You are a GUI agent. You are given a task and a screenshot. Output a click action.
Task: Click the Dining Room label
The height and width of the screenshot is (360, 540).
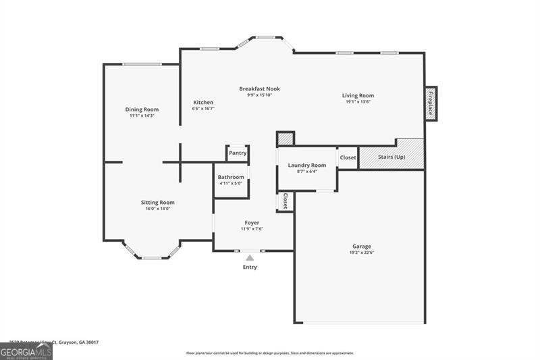142,109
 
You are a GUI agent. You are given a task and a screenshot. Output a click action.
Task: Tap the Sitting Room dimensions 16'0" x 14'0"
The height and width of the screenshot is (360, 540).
158,209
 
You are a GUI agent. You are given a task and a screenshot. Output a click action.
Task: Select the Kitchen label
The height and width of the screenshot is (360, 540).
203,103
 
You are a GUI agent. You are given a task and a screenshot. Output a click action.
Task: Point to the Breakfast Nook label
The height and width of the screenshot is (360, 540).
259,88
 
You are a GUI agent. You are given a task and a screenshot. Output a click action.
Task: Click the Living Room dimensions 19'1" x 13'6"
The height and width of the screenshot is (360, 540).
358,102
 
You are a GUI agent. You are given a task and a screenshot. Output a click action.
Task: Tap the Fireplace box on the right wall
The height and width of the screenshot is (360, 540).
430,103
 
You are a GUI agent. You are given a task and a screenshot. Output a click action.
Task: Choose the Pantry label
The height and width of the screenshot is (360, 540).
238,153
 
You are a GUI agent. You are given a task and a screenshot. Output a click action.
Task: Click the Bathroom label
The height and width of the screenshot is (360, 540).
231,177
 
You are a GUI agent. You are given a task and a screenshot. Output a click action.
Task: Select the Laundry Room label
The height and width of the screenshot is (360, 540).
307,165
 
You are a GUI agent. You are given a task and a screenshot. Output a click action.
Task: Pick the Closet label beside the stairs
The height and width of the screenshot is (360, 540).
348,158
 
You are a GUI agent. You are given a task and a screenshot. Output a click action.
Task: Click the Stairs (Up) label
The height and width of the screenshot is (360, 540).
391,157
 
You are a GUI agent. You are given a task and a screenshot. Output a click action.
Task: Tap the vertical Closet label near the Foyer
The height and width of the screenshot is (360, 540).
286,201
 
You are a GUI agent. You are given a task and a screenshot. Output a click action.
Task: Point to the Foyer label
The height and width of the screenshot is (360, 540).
252,222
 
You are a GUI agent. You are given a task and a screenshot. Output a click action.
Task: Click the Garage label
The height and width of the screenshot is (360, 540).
362,247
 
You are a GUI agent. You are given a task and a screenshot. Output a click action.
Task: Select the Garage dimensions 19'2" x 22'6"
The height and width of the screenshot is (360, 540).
362,253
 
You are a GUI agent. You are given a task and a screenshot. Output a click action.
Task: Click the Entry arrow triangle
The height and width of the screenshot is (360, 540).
250,257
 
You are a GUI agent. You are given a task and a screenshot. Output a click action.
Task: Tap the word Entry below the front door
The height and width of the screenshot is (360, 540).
250,267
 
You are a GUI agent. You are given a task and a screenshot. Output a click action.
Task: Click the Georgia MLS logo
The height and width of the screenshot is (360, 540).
26,351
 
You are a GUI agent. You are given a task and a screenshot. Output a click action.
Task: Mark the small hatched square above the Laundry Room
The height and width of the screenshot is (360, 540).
286,138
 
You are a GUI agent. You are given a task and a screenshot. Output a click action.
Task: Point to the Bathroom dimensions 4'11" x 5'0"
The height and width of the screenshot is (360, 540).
231,183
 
